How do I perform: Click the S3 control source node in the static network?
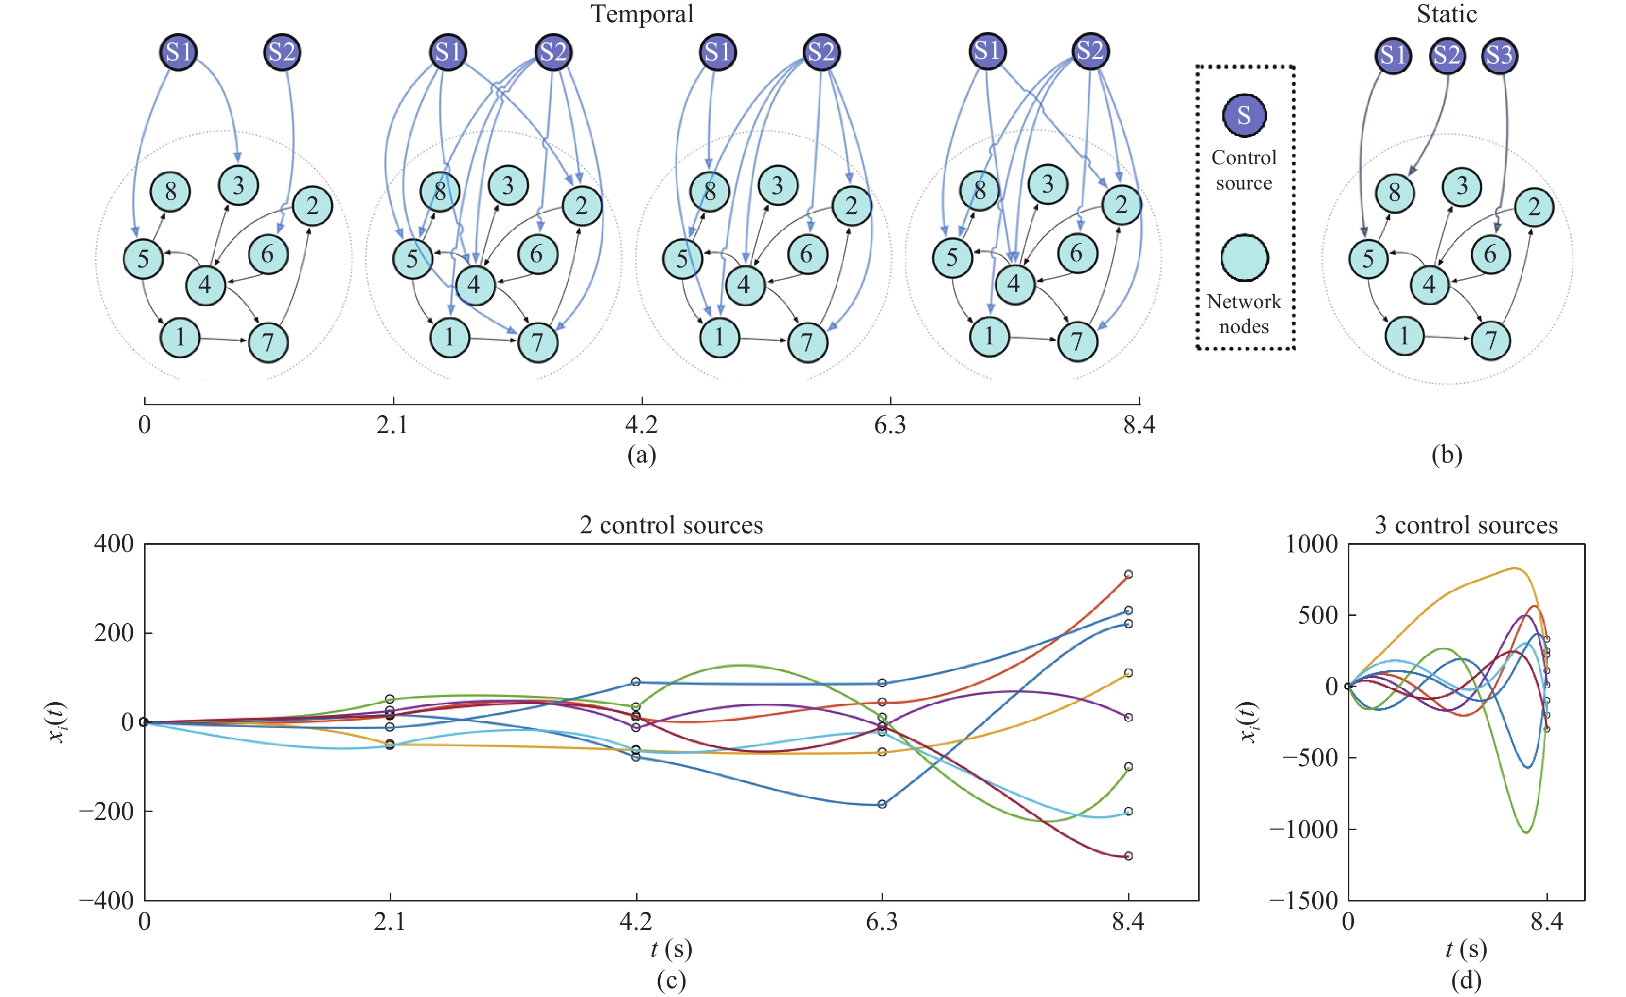pyautogui.click(x=1500, y=55)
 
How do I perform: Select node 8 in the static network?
pyautogui.click(x=1394, y=193)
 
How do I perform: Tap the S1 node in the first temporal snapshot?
pyautogui.click(x=179, y=52)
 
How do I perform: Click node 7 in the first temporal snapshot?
pyautogui.click(x=268, y=342)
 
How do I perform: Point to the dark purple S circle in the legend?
pyautogui.click(x=1244, y=115)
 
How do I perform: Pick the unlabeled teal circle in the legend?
pyautogui.click(x=1244, y=258)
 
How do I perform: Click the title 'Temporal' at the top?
pyautogui.click(x=642, y=14)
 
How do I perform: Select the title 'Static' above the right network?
pyautogui.click(x=1446, y=14)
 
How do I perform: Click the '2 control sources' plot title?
pyautogui.click(x=671, y=526)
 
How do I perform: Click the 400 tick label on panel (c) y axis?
pyautogui.click(x=114, y=544)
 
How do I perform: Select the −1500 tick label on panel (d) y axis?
pyautogui.click(x=1303, y=900)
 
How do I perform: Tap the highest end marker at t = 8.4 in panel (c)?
pyautogui.click(x=1128, y=575)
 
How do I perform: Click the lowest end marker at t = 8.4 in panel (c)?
pyautogui.click(x=1128, y=856)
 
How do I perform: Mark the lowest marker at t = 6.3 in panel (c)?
pyautogui.click(x=882, y=804)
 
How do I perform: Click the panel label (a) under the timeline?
pyautogui.click(x=642, y=455)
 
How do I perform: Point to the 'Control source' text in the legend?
pyautogui.click(x=1244, y=170)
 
